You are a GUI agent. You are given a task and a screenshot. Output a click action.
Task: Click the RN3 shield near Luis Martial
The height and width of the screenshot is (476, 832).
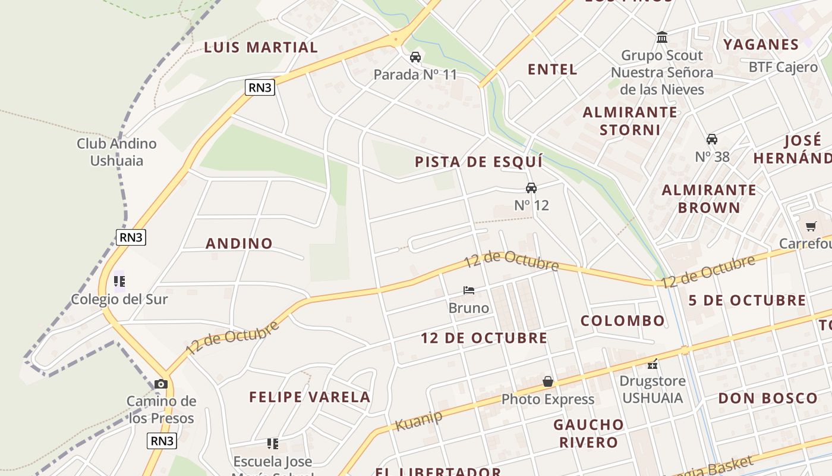click(260, 87)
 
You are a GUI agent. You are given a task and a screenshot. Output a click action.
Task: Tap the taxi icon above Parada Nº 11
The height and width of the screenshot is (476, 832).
click(415, 57)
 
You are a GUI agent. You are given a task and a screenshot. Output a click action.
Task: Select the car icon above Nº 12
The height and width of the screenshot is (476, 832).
click(531, 188)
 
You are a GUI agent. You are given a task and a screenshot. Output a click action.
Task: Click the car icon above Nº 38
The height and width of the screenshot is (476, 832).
click(711, 139)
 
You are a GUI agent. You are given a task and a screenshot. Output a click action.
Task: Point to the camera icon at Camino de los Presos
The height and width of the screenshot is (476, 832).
click(161, 384)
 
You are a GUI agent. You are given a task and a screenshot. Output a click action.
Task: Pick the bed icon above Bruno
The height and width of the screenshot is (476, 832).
click(469, 290)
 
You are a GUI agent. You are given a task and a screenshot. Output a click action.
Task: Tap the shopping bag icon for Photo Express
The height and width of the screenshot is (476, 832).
click(548, 381)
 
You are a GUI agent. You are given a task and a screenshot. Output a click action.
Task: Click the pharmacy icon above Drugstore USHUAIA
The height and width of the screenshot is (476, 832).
click(653, 364)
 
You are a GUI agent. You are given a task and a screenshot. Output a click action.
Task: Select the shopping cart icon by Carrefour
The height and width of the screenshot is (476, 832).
click(811, 226)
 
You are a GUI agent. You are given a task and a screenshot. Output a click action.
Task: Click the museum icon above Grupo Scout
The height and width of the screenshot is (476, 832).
click(662, 38)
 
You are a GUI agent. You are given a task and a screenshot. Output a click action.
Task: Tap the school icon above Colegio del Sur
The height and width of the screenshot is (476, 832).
click(119, 281)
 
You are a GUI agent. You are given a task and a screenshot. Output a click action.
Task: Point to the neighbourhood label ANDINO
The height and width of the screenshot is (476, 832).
click(239, 243)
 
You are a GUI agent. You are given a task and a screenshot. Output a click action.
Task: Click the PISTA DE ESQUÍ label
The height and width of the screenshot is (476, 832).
click(479, 162)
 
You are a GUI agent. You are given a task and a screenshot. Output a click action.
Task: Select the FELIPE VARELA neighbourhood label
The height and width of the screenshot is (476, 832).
click(310, 397)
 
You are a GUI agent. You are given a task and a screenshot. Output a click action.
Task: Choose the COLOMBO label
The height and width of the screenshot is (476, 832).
click(623, 321)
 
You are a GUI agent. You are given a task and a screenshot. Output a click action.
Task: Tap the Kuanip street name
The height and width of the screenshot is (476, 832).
click(419, 421)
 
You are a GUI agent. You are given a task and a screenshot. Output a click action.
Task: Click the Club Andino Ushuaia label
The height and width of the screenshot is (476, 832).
click(116, 152)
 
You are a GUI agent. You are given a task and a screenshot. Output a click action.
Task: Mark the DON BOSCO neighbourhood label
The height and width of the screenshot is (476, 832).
click(768, 398)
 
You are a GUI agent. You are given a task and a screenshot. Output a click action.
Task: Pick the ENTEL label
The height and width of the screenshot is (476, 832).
click(553, 70)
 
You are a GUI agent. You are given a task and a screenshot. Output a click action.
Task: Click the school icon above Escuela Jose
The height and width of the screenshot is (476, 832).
click(273, 443)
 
